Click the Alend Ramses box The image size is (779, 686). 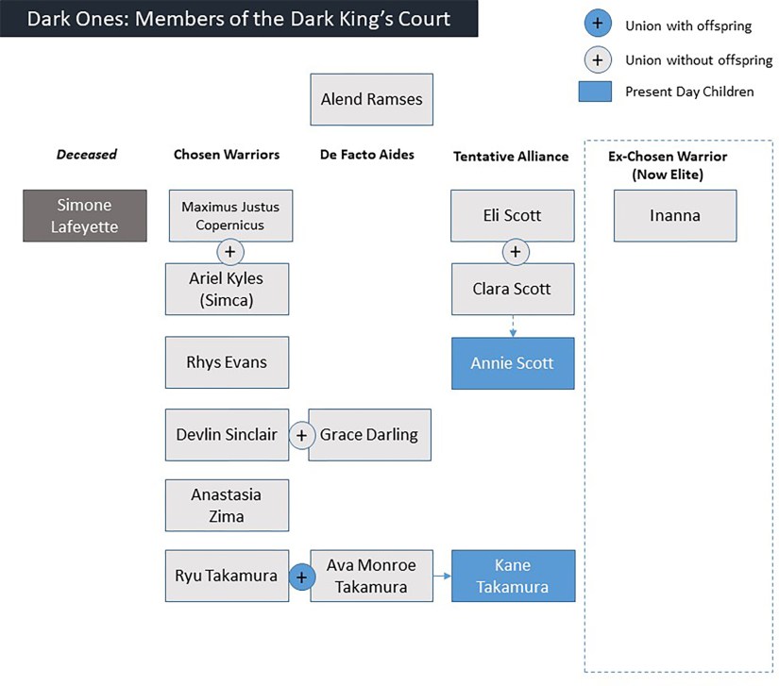(371, 99)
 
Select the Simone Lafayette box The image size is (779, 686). (85, 215)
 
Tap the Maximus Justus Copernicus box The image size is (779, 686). (230, 215)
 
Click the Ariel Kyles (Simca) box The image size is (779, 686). (227, 289)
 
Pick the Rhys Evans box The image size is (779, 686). (227, 362)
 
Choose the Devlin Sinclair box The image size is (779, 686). (227, 435)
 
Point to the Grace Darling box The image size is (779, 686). (370, 435)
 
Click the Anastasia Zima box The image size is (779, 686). (227, 505)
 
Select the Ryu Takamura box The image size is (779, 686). (227, 577)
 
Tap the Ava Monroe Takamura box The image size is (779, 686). (370, 577)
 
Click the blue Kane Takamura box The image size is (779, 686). (513, 577)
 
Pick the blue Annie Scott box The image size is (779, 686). (513, 363)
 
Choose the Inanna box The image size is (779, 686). (674, 215)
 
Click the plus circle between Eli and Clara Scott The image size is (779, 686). (515, 253)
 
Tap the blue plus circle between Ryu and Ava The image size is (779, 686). (301, 577)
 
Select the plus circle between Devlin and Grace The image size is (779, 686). (301, 436)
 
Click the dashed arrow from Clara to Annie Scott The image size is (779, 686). (513, 326)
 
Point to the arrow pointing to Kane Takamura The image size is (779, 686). (441, 574)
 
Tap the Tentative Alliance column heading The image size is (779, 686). (511, 156)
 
